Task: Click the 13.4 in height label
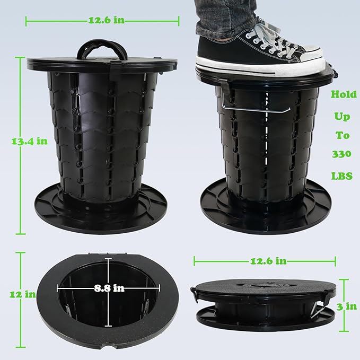(x=29, y=141)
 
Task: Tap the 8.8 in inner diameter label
(x=109, y=288)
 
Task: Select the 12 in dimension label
(x=22, y=294)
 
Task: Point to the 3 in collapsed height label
(x=347, y=306)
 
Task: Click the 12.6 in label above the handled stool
(x=107, y=21)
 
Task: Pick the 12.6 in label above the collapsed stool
(x=268, y=261)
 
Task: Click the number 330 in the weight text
(x=341, y=154)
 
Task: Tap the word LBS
(x=342, y=176)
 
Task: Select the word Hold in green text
(x=344, y=94)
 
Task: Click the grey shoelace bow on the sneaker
(x=270, y=34)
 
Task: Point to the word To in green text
(x=343, y=135)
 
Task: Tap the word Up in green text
(x=342, y=117)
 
